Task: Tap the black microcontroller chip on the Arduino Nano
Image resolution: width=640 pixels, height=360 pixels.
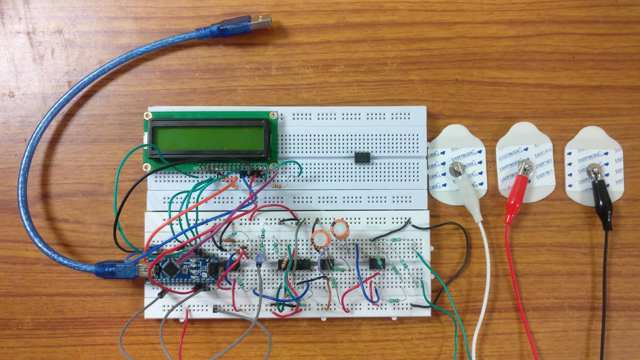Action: pyautogui.click(x=170, y=270)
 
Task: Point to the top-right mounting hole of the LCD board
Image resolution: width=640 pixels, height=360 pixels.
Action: pyautogui.click(x=273, y=115)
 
